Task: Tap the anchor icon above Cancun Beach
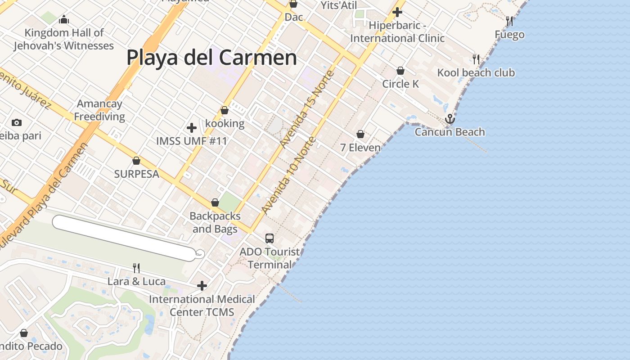pos(450,119)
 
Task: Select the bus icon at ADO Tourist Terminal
pos(270,238)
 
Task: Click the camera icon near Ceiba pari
pos(17,122)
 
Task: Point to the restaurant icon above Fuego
pos(509,21)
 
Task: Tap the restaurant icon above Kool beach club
pos(476,59)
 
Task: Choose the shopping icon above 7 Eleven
pos(360,134)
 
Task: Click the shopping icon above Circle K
pos(400,71)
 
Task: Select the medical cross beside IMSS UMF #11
pos(192,128)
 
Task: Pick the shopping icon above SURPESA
pos(136,161)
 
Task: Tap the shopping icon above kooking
pos(225,110)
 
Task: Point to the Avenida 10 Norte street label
pos(289,175)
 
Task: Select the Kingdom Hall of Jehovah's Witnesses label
pos(63,39)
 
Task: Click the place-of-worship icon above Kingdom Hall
pos(64,19)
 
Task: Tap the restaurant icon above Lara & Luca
pos(136,268)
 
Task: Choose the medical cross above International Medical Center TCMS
pos(202,286)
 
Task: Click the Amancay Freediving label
pos(99,110)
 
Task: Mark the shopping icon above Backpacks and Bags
pos(215,202)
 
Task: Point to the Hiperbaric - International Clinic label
pos(397,32)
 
